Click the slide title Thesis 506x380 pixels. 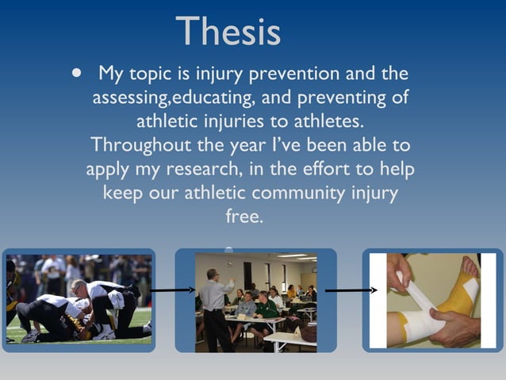pyautogui.click(x=228, y=32)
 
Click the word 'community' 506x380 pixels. pyautogui.click(x=304, y=193)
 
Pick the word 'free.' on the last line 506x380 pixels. pyautogui.click(x=244, y=216)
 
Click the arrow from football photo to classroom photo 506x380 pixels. pyautogui.click(x=173, y=290)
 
